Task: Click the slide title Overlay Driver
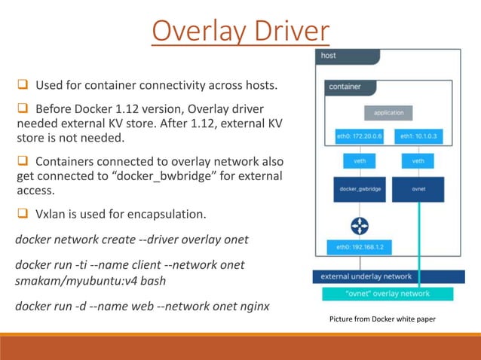(x=240, y=32)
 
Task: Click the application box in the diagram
(x=388, y=113)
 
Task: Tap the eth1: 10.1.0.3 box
(x=418, y=137)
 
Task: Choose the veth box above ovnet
(x=418, y=160)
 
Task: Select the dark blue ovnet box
(x=418, y=189)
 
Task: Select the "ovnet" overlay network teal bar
(x=388, y=293)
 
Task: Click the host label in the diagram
(x=329, y=56)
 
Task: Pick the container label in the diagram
(x=345, y=87)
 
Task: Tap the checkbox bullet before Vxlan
(x=23, y=214)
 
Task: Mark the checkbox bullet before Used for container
(x=23, y=84)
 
